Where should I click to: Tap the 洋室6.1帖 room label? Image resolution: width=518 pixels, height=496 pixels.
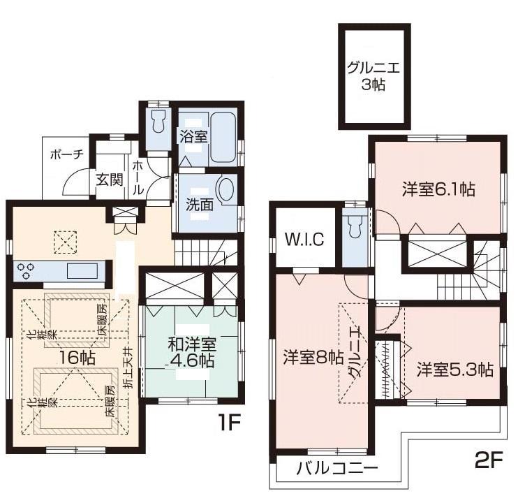coord(438,189)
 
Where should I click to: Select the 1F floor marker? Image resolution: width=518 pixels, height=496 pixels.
coord(231,423)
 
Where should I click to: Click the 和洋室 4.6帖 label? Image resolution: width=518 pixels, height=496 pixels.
coord(191,352)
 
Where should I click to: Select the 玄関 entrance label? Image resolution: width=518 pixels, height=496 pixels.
coord(110,180)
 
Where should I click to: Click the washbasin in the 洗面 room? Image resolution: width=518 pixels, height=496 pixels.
coord(227,191)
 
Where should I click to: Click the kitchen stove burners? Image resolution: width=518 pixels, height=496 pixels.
coord(28,270)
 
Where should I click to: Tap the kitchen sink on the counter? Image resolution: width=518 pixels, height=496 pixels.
coord(77,270)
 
